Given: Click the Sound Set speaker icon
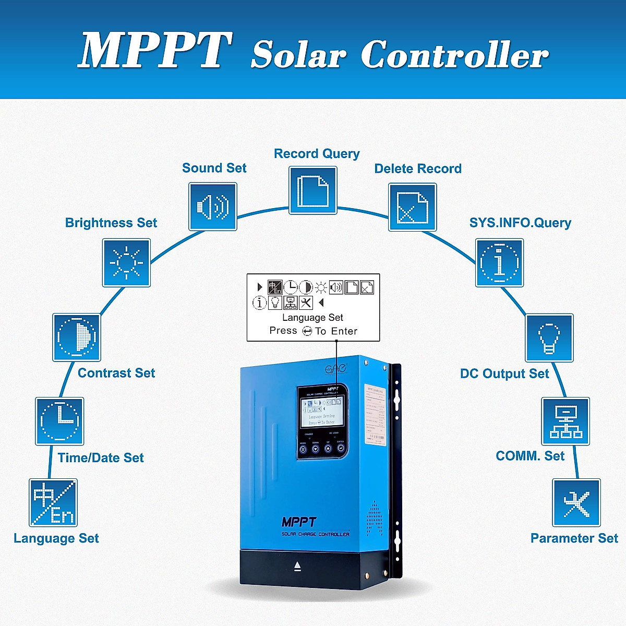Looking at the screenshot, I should coord(213,207).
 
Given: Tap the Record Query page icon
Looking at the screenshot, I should coord(313,190).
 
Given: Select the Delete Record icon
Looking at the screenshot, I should coord(413,207).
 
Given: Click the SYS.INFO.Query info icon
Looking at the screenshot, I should coord(499,263).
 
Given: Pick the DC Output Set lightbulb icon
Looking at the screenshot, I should coord(549,338).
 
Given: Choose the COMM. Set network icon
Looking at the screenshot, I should coord(565,422).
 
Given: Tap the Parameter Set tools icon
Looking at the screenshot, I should coord(576,503).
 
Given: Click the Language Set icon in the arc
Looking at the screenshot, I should coord(53,503).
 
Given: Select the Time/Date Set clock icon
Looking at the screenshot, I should coord(59,422).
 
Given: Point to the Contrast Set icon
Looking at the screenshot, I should coord(77,338).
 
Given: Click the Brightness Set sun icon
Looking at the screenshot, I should coord(126,263).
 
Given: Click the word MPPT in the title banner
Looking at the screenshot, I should coord(155,51).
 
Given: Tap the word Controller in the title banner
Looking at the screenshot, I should coord(454,54).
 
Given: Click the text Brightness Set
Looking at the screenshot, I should coord(111,223).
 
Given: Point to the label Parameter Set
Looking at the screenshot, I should coord(574,538).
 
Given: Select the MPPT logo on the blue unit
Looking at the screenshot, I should coord(299,522).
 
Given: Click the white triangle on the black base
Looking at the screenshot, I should coord(297,566).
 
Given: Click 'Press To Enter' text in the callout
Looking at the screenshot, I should coord(313,331).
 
